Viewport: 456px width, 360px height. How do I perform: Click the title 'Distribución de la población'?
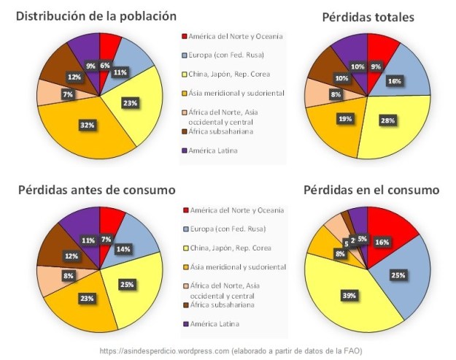point(96,15)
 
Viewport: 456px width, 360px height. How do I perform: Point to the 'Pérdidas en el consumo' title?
point(371,190)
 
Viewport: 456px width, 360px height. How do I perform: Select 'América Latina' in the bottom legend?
point(214,323)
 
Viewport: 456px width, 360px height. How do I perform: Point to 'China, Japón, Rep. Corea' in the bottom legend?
point(232,248)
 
